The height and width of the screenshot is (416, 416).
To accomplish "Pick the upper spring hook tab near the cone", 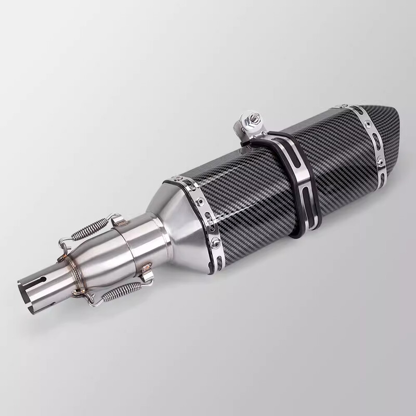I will (119, 221).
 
